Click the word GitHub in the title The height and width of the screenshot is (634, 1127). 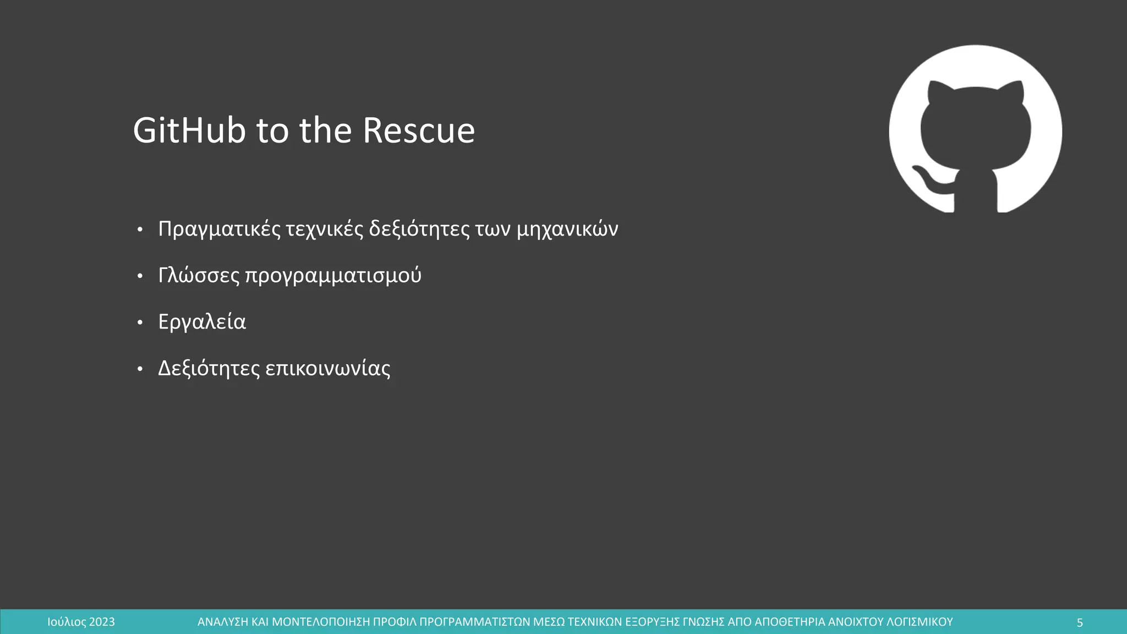click(189, 131)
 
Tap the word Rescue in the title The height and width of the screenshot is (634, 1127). click(419, 131)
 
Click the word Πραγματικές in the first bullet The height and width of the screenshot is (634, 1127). click(219, 229)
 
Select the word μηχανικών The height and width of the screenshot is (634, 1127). click(567, 229)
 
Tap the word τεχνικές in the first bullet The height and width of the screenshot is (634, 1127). click(324, 229)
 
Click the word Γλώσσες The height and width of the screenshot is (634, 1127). click(199, 275)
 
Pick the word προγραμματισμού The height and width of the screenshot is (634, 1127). click(333, 275)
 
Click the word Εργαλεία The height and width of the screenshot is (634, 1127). click(202, 322)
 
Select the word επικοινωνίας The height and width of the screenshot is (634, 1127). click(328, 368)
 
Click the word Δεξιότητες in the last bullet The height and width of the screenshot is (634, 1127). click(209, 368)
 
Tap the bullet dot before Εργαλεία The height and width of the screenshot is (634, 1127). click(140, 323)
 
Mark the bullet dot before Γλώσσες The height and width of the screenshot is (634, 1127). click(140, 276)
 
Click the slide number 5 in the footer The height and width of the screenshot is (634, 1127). click(1080, 622)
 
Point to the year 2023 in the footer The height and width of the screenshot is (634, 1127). click(102, 622)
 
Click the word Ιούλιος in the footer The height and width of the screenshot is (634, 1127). click(67, 622)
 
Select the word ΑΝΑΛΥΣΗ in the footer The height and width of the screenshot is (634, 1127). click(223, 622)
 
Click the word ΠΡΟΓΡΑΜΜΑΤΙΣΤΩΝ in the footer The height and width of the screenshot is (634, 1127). click(475, 622)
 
